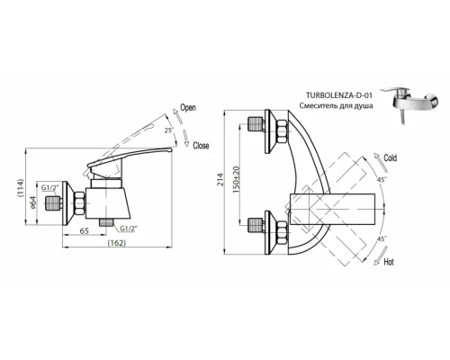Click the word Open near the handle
[188, 108]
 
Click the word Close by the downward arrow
[201, 146]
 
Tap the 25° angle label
[169, 130]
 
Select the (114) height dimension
[21, 188]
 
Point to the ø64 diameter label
[33, 202]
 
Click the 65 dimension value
[85, 230]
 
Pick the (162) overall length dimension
[117, 243]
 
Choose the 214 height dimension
[220, 179]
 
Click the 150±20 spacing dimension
[237, 179]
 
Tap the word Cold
[391, 157]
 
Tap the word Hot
[389, 262]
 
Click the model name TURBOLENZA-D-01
[339, 95]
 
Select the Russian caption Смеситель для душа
[336, 106]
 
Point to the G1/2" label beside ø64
[49, 188]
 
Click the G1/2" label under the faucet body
[129, 229]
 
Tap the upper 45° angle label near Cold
[382, 180]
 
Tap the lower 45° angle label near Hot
[382, 239]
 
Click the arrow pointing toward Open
[177, 115]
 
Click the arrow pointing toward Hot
[381, 256]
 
